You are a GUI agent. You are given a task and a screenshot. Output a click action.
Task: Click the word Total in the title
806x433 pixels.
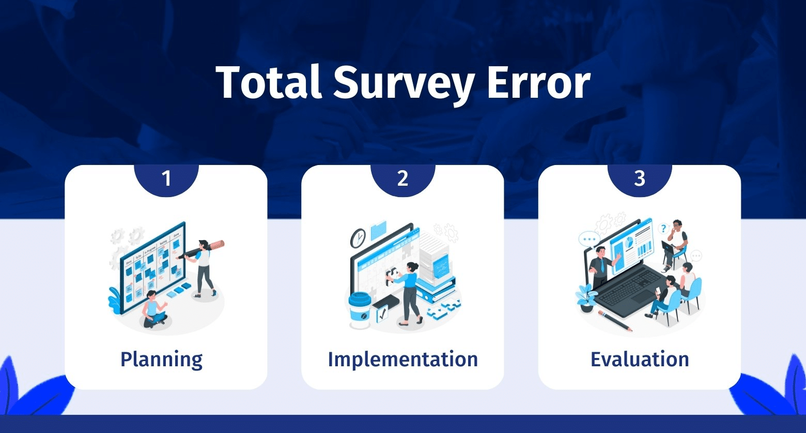(x=269, y=82)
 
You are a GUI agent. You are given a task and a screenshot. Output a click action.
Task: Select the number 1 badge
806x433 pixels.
(x=166, y=180)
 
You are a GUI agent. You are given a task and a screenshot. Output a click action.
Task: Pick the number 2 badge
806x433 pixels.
(x=402, y=180)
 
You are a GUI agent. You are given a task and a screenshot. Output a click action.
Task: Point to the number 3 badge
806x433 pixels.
(x=640, y=180)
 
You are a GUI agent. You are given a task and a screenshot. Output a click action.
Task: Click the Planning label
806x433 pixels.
(x=162, y=360)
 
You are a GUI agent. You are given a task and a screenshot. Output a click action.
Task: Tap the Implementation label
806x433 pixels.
(x=402, y=359)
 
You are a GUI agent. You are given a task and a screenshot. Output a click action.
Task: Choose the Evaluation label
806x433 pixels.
(x=640, y=359)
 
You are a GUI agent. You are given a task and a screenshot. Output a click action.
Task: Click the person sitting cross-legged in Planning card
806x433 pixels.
(x=154, y=310)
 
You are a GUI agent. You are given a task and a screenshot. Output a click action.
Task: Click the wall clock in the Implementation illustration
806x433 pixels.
(x=358, y=238)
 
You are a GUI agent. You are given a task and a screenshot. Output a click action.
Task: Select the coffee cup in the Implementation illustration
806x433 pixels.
(x=360, y=310)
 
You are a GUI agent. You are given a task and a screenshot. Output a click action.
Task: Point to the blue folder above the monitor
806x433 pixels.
(x=378, y=231)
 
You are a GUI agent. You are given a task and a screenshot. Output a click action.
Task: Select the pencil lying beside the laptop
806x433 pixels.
(x=615, y=320)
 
